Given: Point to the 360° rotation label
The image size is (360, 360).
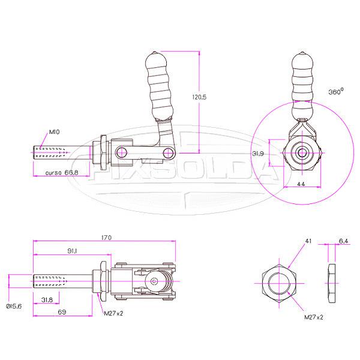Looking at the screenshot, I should [x=336, y=92].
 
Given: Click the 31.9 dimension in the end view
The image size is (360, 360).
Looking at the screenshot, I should [x=260, y=154].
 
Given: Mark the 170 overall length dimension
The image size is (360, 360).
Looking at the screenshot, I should [x=107, y=238].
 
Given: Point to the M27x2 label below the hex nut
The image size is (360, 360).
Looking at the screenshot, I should [x=313, y=316].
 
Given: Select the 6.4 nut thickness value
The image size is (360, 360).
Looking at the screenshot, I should [x=343, y=241].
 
